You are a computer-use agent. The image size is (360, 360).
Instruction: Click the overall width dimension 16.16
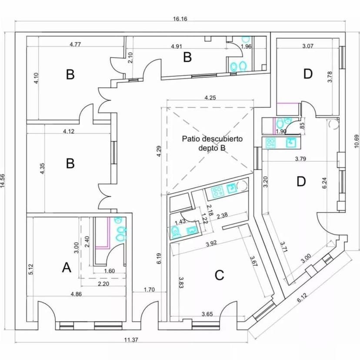pos(180,19)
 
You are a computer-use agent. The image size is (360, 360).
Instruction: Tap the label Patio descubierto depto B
pos(212,143)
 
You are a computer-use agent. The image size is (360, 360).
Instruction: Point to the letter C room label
pos(220,275)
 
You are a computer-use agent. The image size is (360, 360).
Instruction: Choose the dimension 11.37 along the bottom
pos(131,340)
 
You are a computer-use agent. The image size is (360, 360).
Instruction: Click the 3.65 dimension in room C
pos(210,313)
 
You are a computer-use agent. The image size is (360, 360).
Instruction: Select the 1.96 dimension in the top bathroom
pos(246,47)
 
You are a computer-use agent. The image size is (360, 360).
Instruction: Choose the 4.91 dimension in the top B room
pos(176,47)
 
